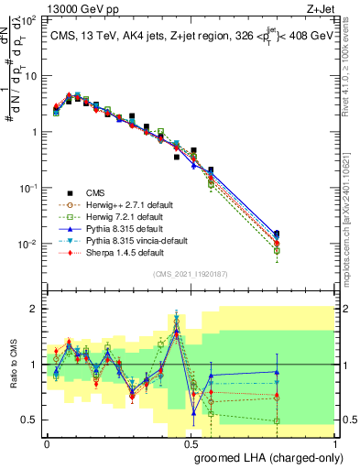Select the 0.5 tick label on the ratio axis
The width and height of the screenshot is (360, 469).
(31, 420)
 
